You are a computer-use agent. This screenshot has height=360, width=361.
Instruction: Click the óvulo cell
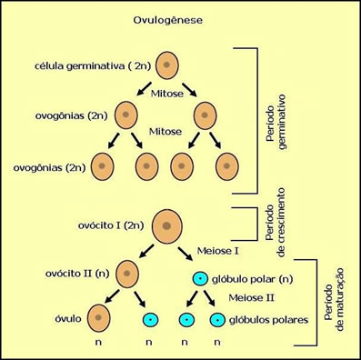(99, 318)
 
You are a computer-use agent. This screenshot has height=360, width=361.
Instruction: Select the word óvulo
(69, 318)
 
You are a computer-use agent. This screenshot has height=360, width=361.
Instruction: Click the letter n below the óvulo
(99, 345)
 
